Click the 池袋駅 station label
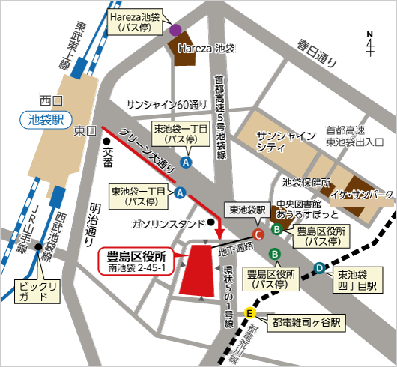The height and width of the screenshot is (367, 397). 43,119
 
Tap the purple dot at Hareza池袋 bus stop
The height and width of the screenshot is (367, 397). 175,31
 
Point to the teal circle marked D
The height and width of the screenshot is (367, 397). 319,267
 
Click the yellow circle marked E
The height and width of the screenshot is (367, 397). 250,313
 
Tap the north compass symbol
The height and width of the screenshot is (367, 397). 370,44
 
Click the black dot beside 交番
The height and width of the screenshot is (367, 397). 106,141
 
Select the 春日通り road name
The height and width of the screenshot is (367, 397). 317,52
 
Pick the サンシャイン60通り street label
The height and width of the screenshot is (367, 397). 166,104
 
